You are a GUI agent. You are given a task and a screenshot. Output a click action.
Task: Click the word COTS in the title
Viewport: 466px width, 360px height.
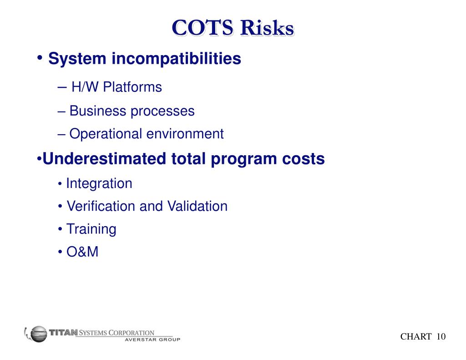point(203,28)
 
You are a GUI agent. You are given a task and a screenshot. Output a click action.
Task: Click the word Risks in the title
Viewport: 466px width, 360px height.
point(267,28)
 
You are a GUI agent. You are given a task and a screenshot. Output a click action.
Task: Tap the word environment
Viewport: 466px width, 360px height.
point(185,134)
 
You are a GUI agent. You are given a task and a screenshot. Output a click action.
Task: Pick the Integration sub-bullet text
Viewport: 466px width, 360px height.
point(99,183)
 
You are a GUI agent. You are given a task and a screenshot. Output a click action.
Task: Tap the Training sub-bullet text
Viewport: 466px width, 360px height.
point(91,229)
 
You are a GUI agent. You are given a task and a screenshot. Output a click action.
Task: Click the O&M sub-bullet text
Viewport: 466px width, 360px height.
point(82,252)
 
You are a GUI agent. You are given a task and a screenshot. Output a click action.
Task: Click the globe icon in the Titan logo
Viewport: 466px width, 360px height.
point(38,334)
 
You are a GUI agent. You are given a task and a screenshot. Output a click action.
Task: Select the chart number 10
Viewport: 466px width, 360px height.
point(441,337)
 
